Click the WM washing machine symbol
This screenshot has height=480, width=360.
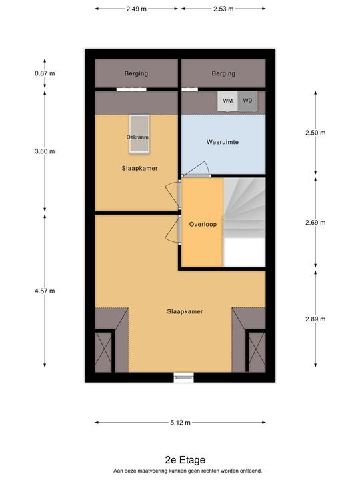227,101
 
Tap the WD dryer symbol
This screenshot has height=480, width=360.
247,101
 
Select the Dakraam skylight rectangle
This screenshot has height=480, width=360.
139,133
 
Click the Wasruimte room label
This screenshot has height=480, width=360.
223,142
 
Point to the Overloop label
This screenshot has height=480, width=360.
203,225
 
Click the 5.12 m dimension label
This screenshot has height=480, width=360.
180,423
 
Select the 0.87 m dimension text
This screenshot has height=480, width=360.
45,73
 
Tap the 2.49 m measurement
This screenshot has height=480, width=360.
136,9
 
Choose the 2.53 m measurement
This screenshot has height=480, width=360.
223,9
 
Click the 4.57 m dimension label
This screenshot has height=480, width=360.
45,291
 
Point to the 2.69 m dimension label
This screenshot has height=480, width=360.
315,223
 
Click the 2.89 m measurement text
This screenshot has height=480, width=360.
315,319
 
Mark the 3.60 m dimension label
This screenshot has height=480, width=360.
45,151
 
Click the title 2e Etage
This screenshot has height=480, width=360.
185,460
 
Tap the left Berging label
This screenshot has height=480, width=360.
136,73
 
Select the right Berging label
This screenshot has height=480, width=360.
223,73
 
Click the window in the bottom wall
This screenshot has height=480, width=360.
184,378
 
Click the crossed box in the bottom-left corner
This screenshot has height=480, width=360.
103,353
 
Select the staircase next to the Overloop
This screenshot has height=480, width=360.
244,223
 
